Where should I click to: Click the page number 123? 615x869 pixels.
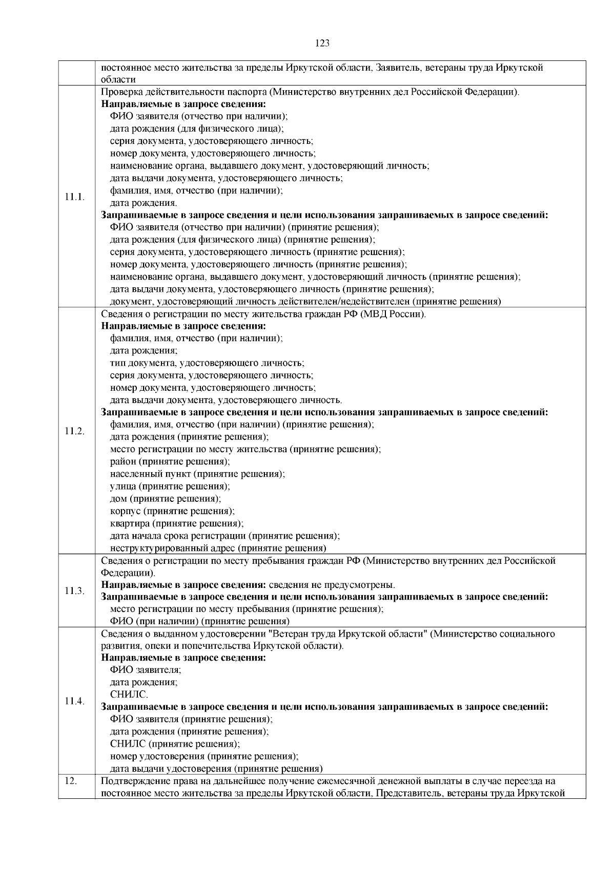click(322, 43)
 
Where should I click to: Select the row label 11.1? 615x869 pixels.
click(75, 197)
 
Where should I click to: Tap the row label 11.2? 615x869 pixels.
click(75, 431)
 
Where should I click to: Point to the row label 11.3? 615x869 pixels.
click(75, 590)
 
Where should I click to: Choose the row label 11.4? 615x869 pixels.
click(75, 701)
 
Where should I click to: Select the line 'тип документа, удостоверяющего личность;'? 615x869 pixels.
click(207, 363)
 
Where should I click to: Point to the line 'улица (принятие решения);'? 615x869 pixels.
click(170, 486)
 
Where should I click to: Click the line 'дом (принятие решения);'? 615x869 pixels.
click(166, 498)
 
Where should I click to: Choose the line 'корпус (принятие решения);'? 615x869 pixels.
click(172, 511)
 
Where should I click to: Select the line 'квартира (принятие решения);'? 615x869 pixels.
click(177, 523)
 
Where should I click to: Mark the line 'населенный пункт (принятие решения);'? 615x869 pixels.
click(197, 474)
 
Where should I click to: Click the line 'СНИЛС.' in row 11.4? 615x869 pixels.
click(129, 695)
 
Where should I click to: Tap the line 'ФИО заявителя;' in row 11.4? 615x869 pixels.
click(146, 670)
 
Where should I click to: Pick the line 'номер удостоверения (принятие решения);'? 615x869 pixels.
click(204, 756)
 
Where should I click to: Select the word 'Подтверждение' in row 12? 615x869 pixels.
click(133, 781)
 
